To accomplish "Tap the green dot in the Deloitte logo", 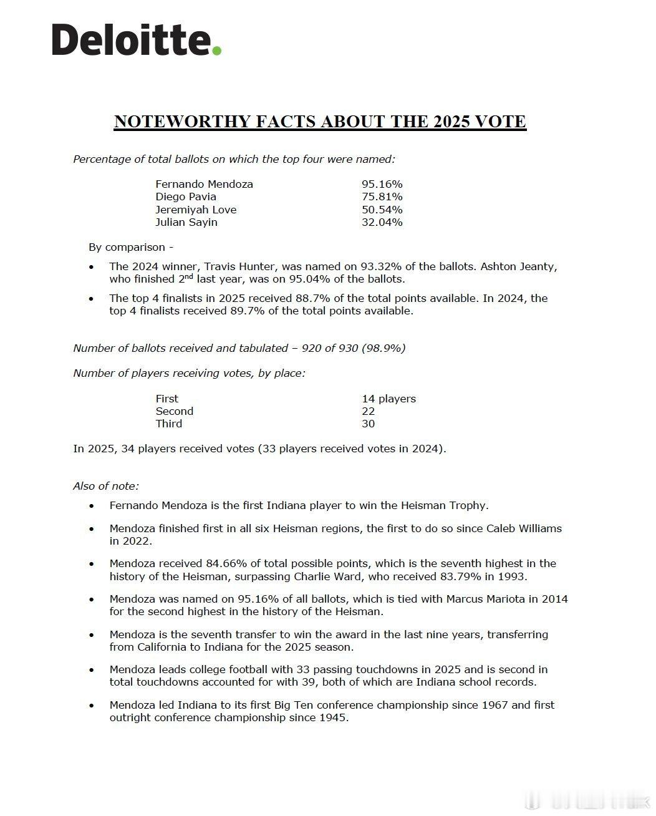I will click(216, 51).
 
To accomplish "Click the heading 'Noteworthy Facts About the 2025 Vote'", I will click(320, 121).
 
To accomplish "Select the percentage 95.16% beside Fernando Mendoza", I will click(382, 184).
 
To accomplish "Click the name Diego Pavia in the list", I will click(186, 197).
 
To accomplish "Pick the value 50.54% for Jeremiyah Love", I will click(382, 210).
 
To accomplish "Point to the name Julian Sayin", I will click(186, 222).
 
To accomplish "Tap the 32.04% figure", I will click(382, 222).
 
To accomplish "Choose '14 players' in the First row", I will click(388, 399).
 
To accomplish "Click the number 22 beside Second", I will click(368, 411).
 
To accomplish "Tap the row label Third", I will click(169, 424).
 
